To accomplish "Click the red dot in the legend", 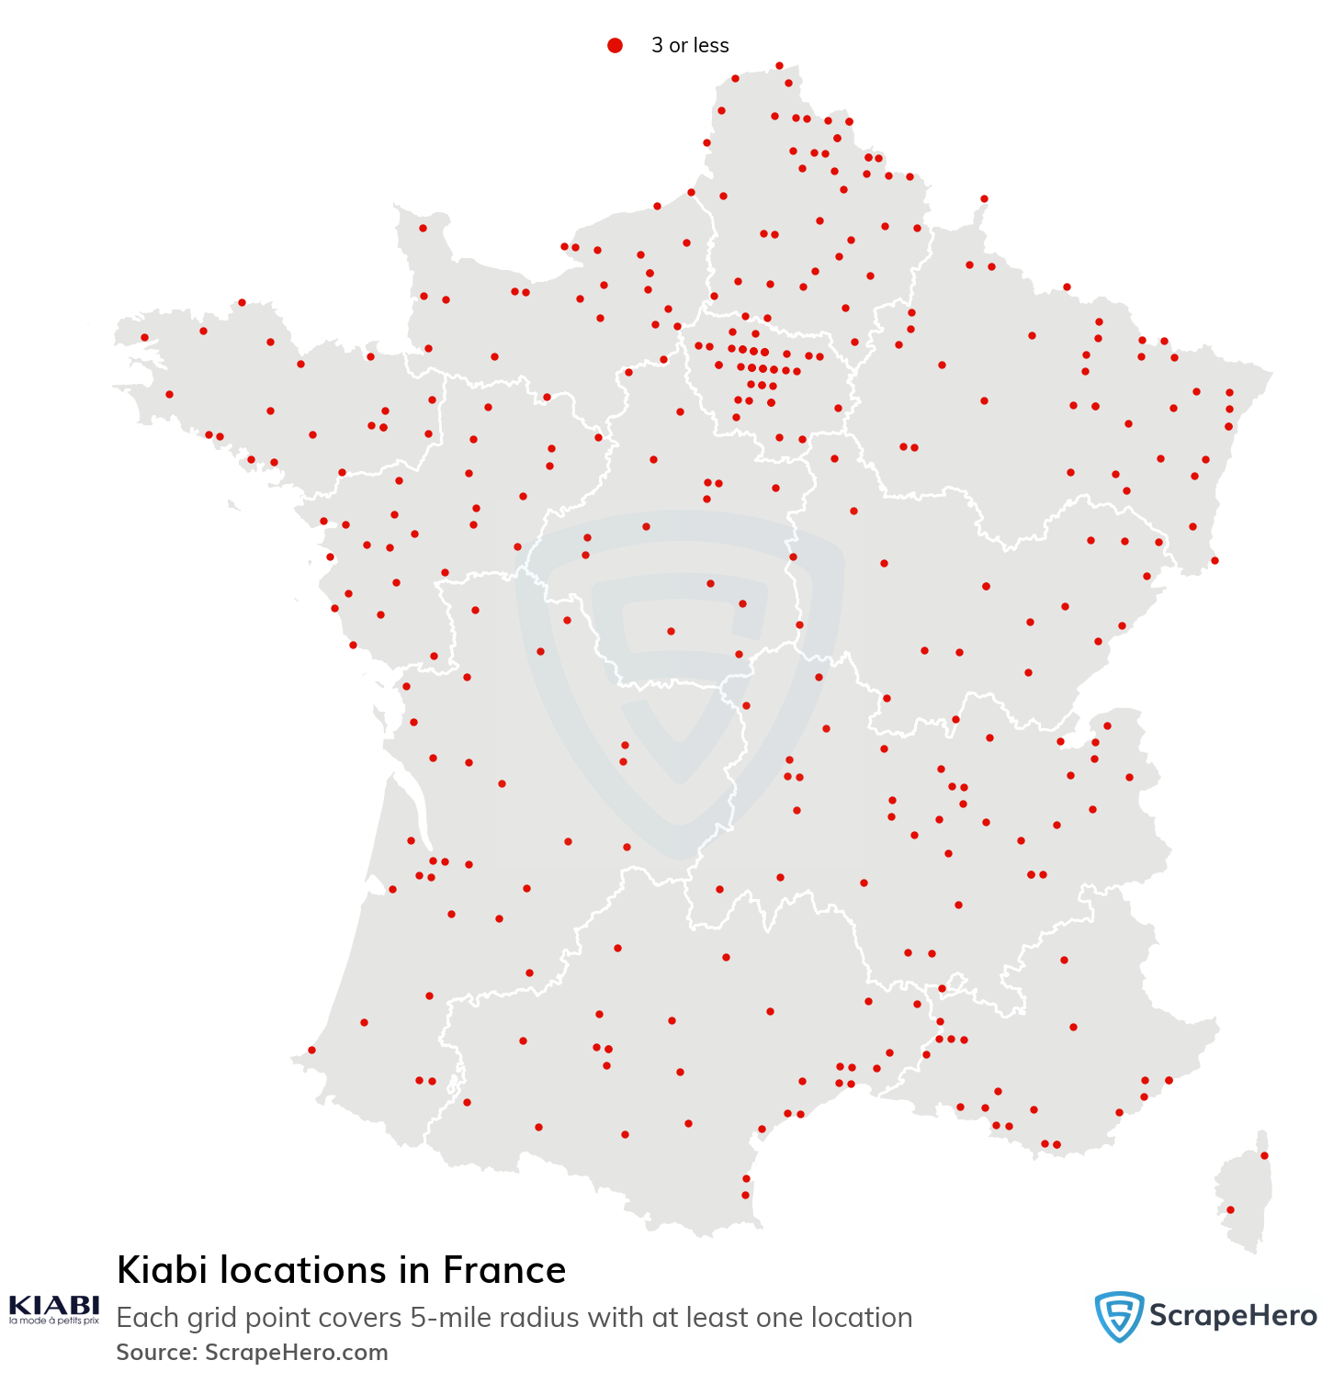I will [615, 45].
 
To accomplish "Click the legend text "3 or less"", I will [690, 45].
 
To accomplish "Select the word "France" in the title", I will [504, 1271].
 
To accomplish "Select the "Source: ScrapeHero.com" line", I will [253, 1353].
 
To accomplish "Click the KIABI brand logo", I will [54, 1305].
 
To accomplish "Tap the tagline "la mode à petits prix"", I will [54, 1321].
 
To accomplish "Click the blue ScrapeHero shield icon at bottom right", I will [1118, 1316].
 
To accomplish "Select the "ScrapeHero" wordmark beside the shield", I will [1233, 1316].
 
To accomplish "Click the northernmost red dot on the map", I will [779, 65].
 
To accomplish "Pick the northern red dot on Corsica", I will [1264, 1155].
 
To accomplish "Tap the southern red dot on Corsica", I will [1231, 1209].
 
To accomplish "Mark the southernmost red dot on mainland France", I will [745, 1195].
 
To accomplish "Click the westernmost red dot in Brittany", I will [144, 337].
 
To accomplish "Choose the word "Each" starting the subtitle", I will [147, 1318].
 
